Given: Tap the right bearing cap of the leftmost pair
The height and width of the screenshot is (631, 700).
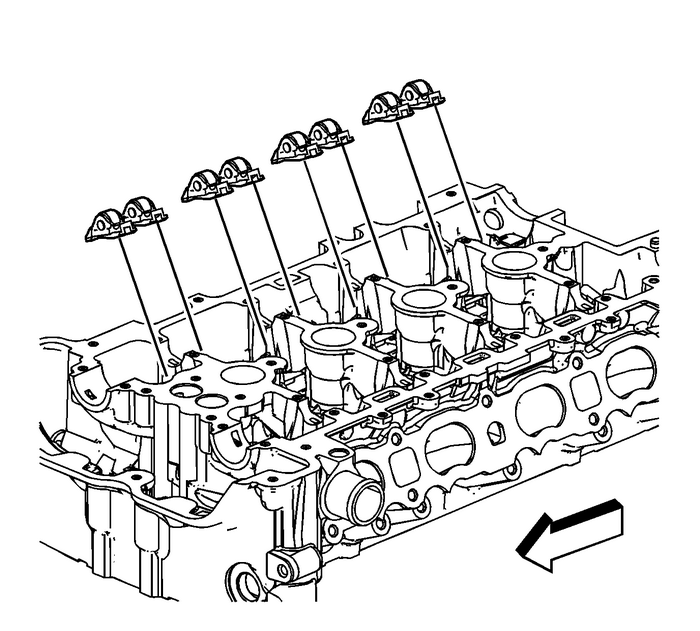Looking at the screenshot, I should pyautogui.click(x=144, y=211).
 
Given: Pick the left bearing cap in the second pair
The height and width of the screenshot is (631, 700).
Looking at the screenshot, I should pyautogui.click(x=202, y=186).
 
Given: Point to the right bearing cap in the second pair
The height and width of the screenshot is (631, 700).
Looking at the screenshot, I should pyautogui.click(x=240, y=172).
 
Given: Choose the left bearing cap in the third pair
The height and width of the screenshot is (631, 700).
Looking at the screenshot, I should pyautogui.click(x=293, y=147).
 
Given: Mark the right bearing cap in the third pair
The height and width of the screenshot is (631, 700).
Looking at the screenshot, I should pyautogui.click(x=329, y=132).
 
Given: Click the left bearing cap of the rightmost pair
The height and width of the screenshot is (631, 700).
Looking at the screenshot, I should pyautogui.click(x=384, y=107).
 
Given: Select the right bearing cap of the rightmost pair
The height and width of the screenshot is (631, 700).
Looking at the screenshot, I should pyautogui.click(x=420, y=94).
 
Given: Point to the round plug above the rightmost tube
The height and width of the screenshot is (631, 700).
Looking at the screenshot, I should pyautogui.click(x=492, y=219).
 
